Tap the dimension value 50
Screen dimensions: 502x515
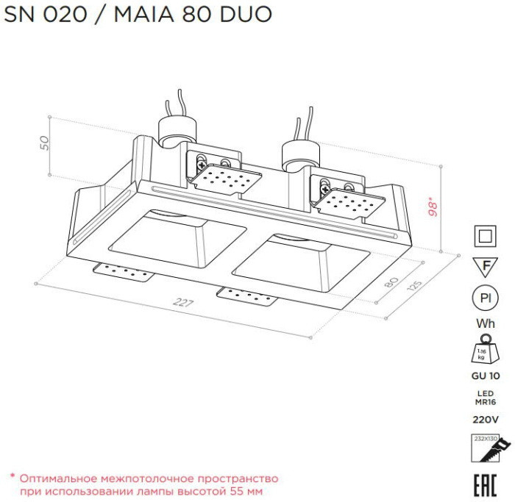(44, 143)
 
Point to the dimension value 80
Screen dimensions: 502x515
(392, 283)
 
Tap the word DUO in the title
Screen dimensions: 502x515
(248, 14)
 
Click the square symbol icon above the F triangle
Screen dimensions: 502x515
(484, 235)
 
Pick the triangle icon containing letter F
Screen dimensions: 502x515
(484, 265)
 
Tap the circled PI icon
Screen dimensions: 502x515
(484, 298)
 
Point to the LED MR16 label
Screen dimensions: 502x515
(484, 397)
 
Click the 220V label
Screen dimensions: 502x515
(484, 420)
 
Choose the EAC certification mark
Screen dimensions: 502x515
(484, 483)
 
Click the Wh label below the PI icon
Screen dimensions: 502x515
(484, 323)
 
